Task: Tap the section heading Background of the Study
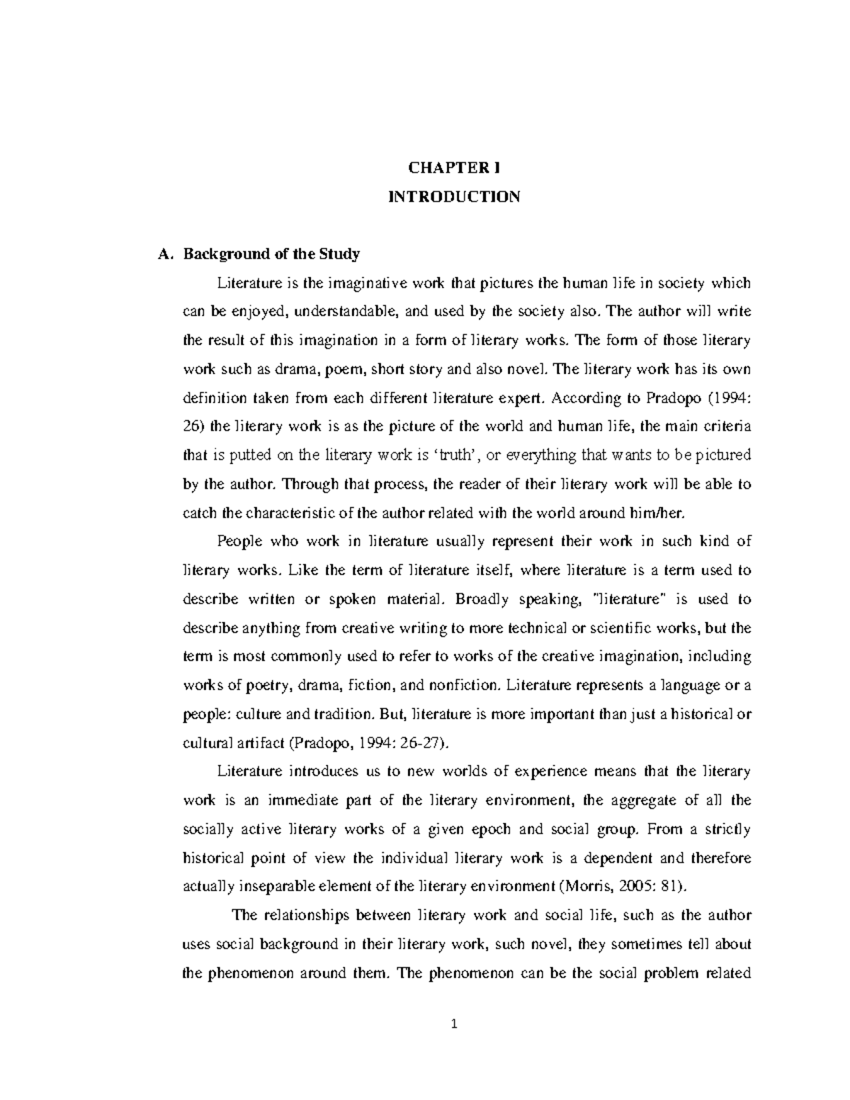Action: (x=272, y=254)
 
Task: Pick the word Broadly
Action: (x=483, y=599)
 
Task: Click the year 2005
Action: (x=630, y=886)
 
